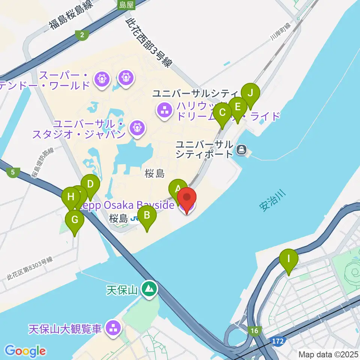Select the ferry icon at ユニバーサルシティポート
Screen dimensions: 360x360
click(241, 150)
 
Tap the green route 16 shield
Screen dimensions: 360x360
click(255, 330)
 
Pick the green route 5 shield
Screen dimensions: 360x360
click(13, 172)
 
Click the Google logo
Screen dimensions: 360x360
click(25, 351)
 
